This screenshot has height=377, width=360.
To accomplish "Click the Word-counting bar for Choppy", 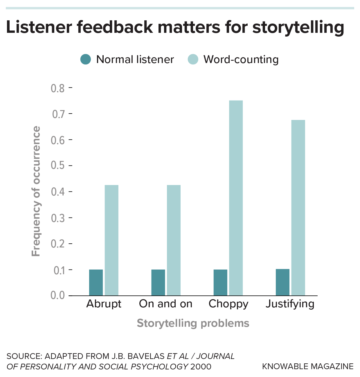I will point(236,198).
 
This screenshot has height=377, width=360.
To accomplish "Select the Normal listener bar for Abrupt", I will point(96,282).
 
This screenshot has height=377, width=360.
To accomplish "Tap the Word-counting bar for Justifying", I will point(298,208).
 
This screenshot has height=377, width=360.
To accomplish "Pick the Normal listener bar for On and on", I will point(158,282).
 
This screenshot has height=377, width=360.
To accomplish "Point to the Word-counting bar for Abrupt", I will point(111,240).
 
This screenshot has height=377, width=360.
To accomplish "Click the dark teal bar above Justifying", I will point(282,282).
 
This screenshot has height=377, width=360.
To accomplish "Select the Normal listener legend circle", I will point(86,59).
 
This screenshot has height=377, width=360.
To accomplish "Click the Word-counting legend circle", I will point(193,59).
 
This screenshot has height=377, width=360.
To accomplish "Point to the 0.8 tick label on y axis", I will point(58,88).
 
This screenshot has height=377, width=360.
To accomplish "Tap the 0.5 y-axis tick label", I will point(58,166).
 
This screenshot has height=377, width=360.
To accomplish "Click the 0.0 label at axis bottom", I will point(58,295).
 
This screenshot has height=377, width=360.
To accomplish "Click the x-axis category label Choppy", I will point(228,304).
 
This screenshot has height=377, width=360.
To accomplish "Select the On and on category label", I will point(165,304).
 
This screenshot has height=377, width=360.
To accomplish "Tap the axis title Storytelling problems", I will point(193,323).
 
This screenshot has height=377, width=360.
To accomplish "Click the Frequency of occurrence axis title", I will point(36,191).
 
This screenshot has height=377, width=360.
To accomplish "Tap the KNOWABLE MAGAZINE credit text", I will point(308,366).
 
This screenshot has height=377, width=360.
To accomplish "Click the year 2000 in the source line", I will point(201,366).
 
